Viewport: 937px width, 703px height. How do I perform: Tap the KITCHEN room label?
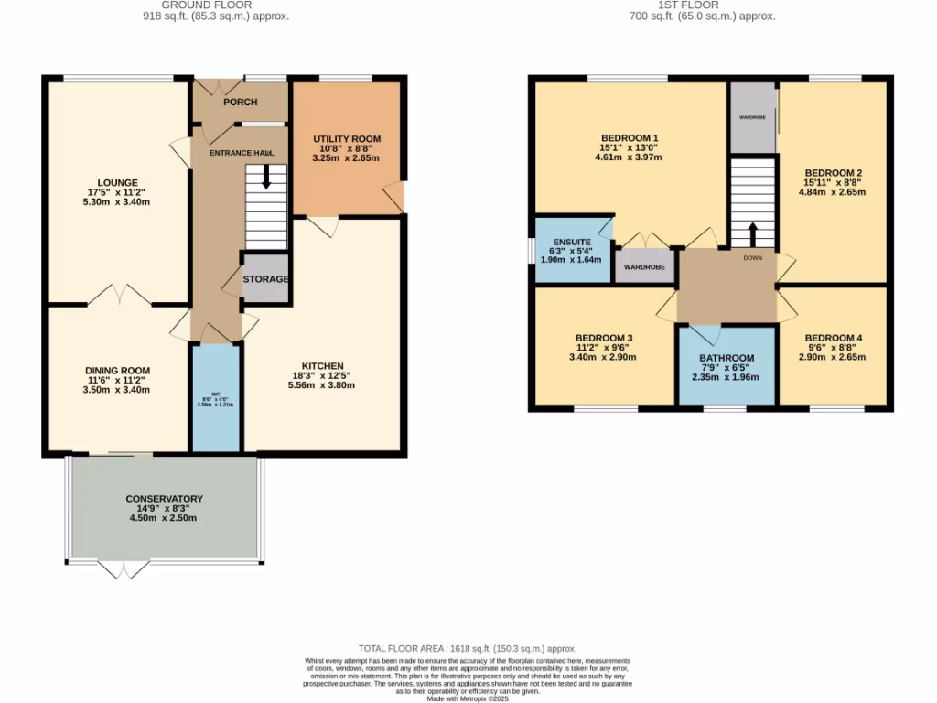325,365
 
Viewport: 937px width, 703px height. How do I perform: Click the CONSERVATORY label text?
164,499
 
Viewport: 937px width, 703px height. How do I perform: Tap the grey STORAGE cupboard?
265,279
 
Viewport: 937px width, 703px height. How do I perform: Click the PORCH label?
241,102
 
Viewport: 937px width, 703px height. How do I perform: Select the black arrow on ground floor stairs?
267,177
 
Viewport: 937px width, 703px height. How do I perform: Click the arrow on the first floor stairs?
752,234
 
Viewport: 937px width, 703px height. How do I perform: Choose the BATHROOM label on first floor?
727,358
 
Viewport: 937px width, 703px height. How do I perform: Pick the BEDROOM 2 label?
834,173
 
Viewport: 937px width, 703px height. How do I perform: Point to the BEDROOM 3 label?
604,338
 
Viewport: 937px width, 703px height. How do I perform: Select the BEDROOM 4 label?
834,338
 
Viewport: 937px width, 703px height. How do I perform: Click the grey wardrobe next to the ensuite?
645,267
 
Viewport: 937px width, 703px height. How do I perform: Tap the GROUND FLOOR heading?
216,5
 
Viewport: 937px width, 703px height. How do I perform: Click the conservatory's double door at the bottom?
123,569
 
